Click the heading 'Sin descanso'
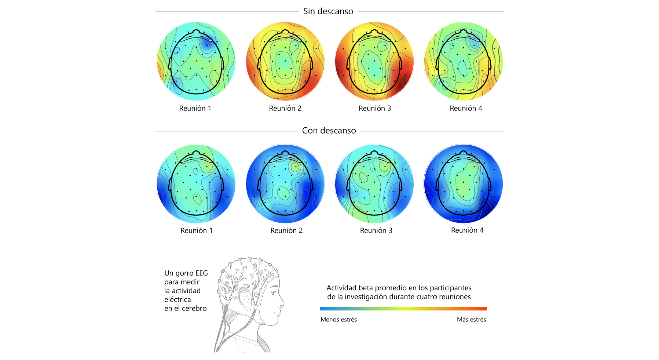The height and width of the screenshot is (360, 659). click(x=328, y=11)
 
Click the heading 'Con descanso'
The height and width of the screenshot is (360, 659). click(x=329, y=131)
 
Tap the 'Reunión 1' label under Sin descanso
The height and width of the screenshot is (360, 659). click(x=195, y=108)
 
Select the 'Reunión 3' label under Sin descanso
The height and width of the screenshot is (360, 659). click(x=375, y=108)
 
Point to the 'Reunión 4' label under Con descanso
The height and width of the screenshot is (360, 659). click(x=467, y=230)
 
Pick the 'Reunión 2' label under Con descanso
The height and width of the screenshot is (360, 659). click(x=286, y=230)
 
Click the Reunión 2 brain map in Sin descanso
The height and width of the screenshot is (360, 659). click(x=285, y=61)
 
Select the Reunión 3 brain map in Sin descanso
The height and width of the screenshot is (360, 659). click(x=374, y=61)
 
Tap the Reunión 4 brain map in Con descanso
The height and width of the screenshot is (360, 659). click(x=464, y=183)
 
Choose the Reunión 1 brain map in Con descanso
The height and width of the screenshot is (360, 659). click(x=196, y=183)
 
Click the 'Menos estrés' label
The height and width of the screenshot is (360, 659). click(x=338, y=320)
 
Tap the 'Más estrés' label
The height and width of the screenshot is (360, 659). click(x=471, y=320)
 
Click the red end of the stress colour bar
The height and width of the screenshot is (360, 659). click(x=485, y=309)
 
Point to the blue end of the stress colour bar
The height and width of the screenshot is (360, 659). click(x=322, y=309)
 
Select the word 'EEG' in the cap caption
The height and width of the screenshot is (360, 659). click(x=202, y=273)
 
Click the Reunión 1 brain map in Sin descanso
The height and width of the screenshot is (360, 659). click(x=196, y=61)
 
